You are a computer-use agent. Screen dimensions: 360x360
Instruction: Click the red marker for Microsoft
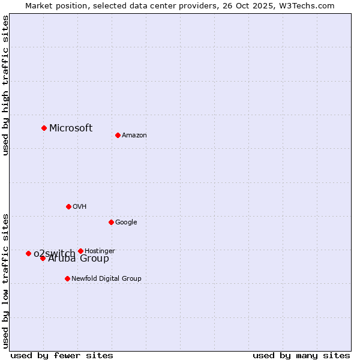44,128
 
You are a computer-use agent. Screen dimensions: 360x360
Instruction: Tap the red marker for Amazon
118,135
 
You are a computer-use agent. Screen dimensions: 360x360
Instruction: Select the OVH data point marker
68,206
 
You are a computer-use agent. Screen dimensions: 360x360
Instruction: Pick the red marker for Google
111,222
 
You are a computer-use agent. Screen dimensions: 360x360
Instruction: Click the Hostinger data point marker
80,251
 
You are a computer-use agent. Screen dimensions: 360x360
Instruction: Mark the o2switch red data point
28,253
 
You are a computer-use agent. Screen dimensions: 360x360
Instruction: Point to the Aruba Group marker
43,258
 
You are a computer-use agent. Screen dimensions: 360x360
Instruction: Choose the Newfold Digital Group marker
67,278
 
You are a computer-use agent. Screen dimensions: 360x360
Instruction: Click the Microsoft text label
71,128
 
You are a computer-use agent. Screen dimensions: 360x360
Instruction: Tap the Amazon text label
134,135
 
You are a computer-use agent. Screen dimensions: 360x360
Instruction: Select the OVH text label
80,206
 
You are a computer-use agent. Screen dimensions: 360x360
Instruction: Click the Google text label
126,222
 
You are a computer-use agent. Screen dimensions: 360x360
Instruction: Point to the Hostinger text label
100,251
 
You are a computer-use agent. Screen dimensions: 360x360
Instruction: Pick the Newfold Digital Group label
106,278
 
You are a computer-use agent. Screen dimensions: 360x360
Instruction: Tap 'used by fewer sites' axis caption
62,355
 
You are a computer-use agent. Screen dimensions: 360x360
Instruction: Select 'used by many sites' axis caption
301,355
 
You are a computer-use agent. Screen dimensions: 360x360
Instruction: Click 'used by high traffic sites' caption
6,85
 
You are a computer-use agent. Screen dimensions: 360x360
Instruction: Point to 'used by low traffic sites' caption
6,280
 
